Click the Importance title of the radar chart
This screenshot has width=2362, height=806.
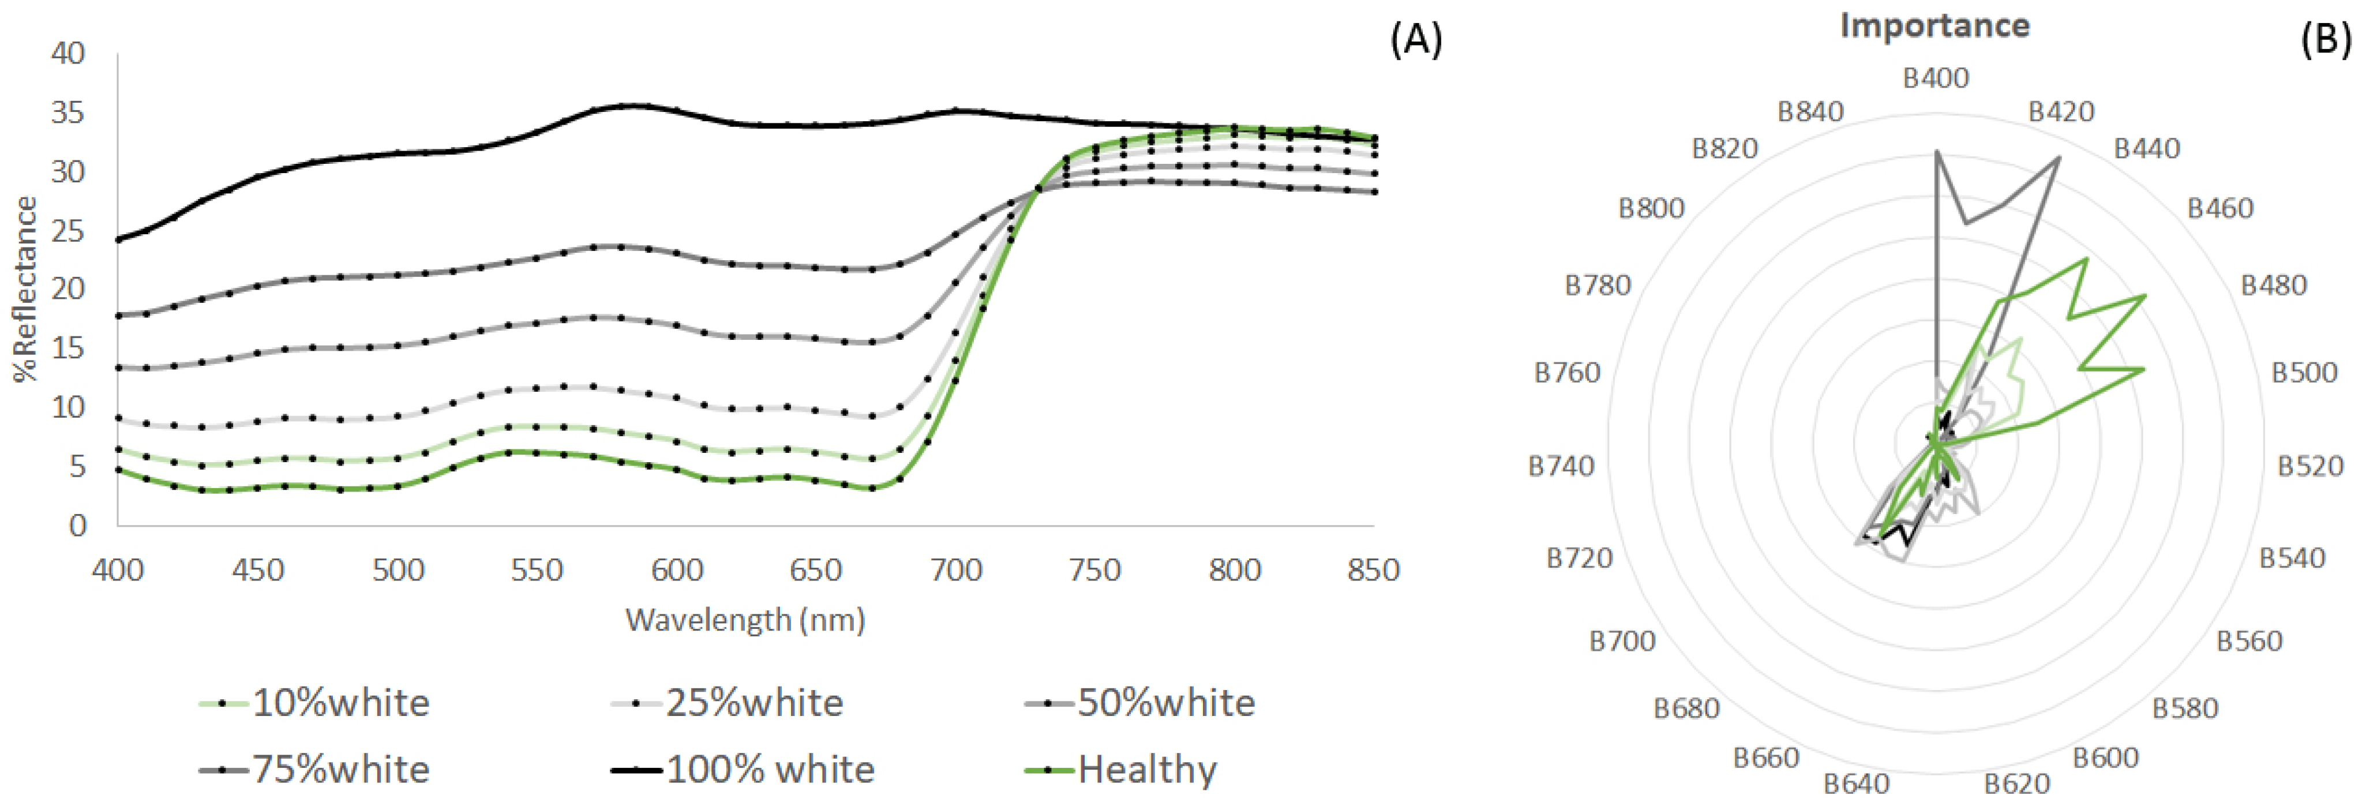(x=1934, y=26)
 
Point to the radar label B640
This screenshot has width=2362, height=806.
(x=1856, y=784)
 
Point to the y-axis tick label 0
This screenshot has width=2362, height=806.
(x=78, y=526)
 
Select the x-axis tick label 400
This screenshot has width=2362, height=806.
(x=117, y=571)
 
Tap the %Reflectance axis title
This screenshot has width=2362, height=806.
(x=25, y=289)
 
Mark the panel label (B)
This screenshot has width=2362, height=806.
(x=2324, y=39)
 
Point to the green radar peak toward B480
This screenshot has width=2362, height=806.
(x=2144, y=295)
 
